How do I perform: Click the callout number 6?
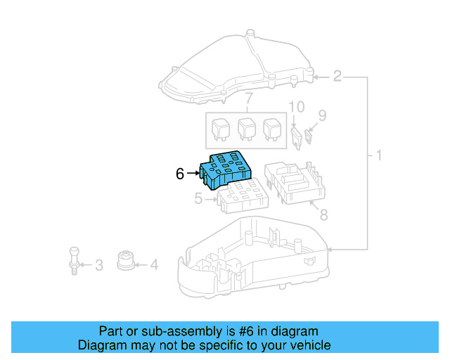(180, 174)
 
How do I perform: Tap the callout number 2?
(337, 76)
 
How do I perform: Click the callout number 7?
(247, 96)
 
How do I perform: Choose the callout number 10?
(297, 107)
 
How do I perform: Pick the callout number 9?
(323, 115)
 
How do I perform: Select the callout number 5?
(198, 200)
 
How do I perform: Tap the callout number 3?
(98, 265)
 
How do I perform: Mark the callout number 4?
(154, 265)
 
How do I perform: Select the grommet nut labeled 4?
(127, 259)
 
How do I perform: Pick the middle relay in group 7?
(246, 129)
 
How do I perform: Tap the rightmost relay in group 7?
(272, 129)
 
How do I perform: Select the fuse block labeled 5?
(241, 196)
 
